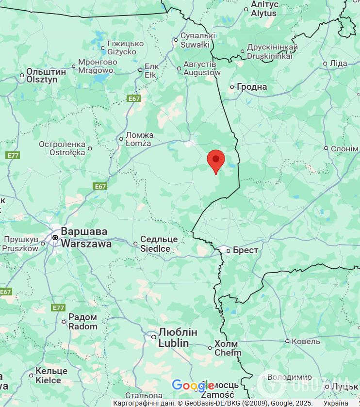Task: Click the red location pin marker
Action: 216,160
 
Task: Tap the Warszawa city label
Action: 86,238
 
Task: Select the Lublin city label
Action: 178,338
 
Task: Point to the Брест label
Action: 245,250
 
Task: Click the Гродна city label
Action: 251,87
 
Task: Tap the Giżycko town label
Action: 125,48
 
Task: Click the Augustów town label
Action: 201,68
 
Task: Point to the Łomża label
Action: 139,139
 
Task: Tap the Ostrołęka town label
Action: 68,148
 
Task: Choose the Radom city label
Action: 82,322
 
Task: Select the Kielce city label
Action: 48,375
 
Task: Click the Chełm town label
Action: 228,348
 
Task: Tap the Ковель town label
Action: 306,342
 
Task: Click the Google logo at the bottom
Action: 193,386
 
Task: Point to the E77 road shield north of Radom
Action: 58,308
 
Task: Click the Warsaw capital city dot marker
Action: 55,238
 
